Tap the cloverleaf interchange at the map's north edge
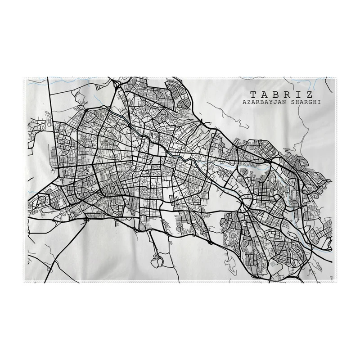coord(118,83)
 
